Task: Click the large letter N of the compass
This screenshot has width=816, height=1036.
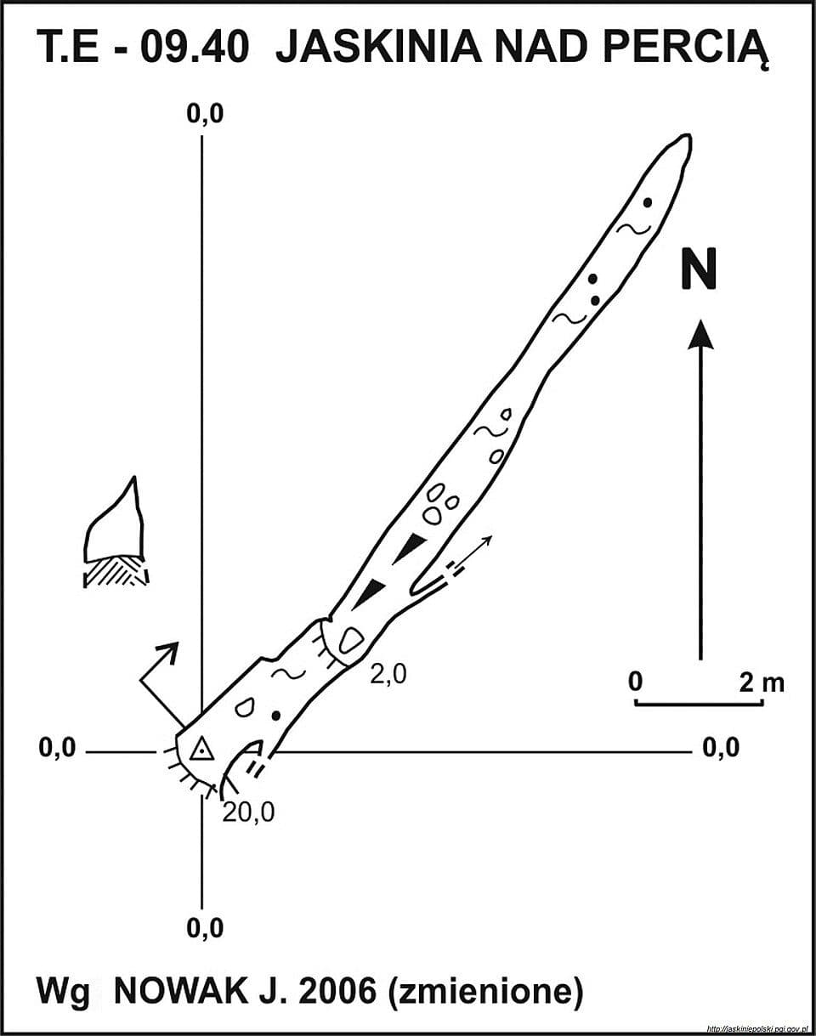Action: (699, 269)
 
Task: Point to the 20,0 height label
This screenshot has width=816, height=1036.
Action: (248, 813)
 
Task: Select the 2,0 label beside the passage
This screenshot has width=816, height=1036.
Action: (388, 674)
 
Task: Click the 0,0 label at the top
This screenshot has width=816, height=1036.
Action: (206, 115)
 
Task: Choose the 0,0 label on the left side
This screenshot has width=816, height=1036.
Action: (58, 748)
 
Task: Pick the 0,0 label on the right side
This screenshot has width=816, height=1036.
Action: (721, 748)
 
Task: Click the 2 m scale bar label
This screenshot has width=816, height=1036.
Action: (762, 682)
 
